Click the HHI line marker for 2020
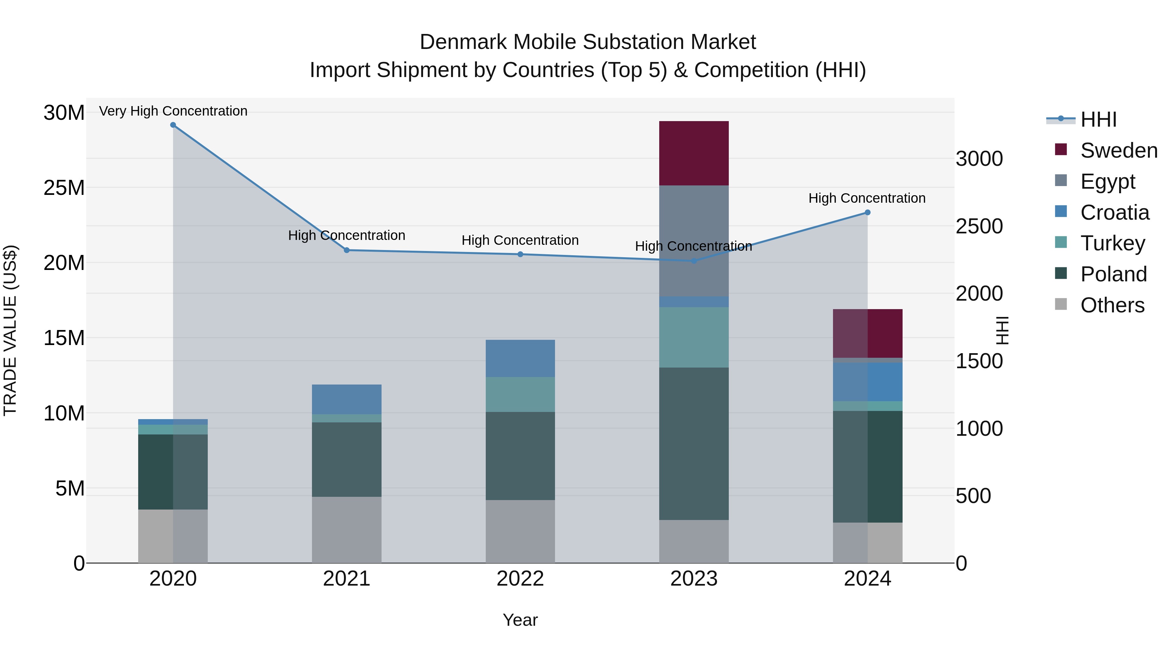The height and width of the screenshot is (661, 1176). coord(173,125)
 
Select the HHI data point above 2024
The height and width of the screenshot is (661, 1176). coord(867,212)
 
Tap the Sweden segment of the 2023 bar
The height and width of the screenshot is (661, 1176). coord(694,153)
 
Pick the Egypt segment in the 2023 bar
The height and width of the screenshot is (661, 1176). coord(694,241)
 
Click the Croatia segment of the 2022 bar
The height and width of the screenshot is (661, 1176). coord(520,358)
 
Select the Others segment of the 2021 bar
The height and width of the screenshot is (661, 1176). coord(347,530)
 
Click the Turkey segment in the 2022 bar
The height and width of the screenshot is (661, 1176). coord(520,395)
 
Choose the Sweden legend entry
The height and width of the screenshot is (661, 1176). coord(1119,150)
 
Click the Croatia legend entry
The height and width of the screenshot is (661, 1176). coord(1114,212)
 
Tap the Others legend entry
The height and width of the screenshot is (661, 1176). coord(1112,305)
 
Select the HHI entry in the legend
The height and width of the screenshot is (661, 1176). coord(1098,119)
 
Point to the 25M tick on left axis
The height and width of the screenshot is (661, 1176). coord(64,188)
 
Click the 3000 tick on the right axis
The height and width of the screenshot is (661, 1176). coord(979,159)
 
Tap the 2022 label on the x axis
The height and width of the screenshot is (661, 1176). coord(520,579)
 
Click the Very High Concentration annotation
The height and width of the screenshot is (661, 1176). coord(173,111)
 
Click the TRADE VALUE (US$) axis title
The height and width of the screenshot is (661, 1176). coord(10,330)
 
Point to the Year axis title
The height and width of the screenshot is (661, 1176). coord(520,620)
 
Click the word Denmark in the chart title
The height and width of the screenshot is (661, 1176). coord(463,42)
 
